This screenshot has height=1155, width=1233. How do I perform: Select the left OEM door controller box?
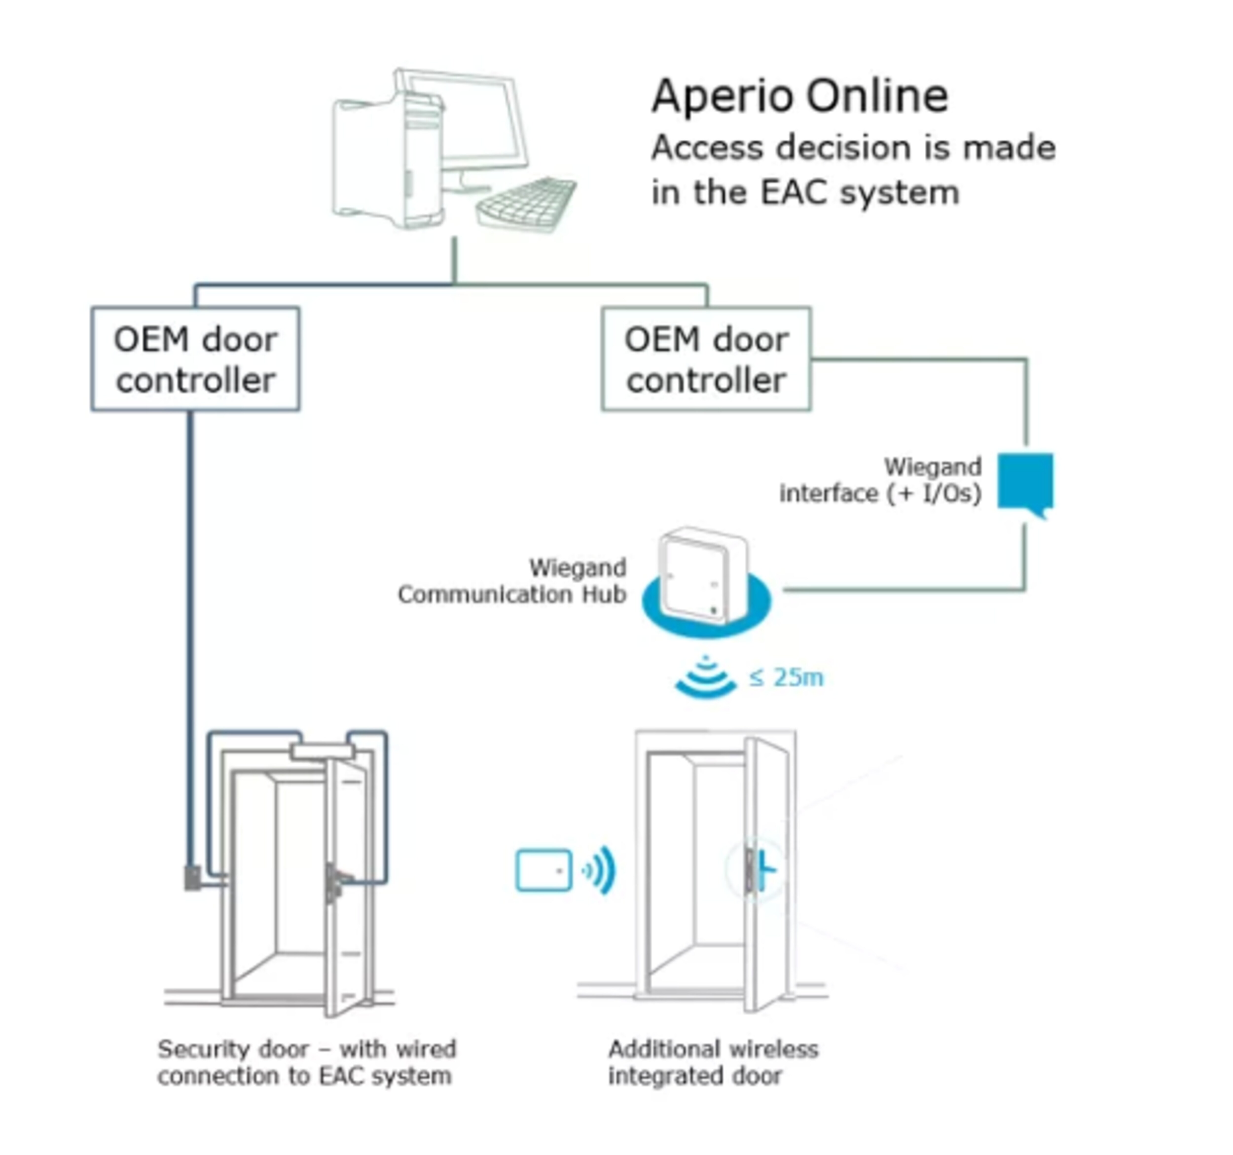(195, 359)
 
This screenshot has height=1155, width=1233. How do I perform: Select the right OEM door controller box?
(706, 359)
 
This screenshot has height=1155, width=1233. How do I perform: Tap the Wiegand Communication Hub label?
(512, 581)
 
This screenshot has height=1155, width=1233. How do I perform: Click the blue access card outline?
(543, 870)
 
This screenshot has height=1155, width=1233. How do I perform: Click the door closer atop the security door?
(323, 752)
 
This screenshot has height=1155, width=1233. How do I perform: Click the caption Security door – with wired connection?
(306, 1062)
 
